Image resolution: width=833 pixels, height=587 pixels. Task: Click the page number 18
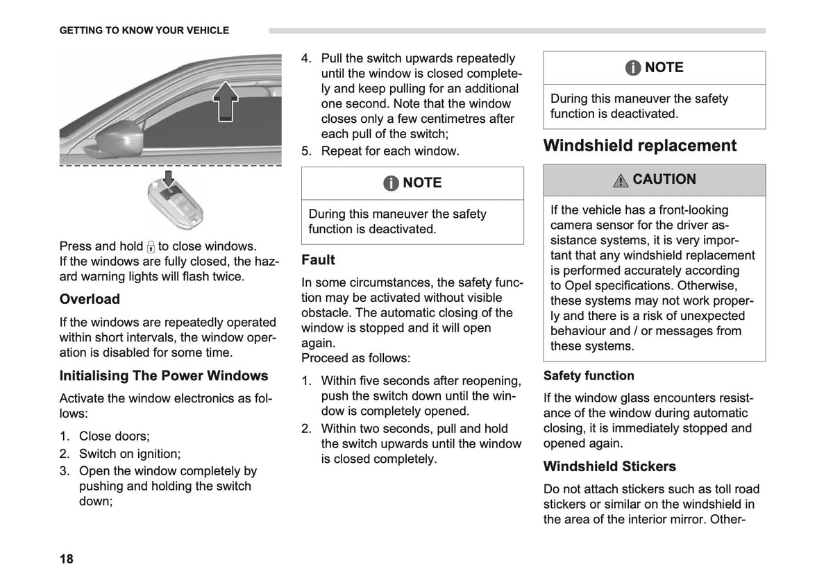point(66,559)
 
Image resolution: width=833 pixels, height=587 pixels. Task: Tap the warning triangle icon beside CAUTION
point(621,181)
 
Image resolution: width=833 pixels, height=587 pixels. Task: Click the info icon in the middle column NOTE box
point(391,183)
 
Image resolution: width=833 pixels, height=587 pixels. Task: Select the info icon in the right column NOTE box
point(633,68)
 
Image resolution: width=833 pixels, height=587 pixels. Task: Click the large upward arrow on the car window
point(226,101)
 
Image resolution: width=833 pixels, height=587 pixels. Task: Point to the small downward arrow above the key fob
point(169,178)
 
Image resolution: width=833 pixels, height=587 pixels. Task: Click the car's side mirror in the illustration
point(115,139)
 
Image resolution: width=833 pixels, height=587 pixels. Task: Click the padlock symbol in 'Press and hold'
point(151,247)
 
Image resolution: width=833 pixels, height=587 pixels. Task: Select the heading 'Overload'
point(90,299)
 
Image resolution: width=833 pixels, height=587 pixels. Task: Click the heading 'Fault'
point(318,260)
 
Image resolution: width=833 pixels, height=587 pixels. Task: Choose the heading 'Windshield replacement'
point(639,145)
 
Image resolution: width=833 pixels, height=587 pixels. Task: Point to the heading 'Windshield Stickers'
point(609,466)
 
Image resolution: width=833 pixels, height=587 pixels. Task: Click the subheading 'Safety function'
point(589,376)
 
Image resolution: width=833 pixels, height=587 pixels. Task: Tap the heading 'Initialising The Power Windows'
point(164,376)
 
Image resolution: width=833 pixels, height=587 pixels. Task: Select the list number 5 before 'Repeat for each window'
point(306,151)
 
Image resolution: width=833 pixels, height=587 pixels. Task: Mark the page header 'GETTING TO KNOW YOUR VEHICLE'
point(144,31)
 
